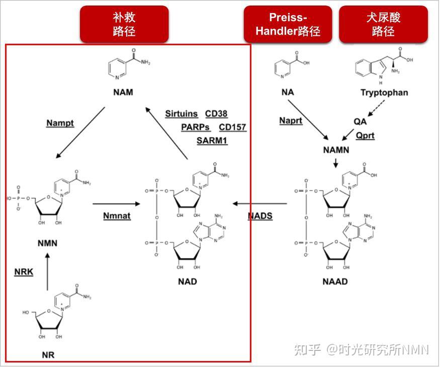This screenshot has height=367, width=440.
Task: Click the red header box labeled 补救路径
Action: (124, 24)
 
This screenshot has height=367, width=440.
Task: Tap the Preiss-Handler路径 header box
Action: (288, 24)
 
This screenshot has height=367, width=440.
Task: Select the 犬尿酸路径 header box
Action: (383, 24)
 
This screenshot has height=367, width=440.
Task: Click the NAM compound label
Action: (123, 93)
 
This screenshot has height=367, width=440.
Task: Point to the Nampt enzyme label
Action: (60, 123)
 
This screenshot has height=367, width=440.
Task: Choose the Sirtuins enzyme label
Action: (182, 114)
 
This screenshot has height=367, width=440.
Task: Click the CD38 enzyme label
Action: (216, 114)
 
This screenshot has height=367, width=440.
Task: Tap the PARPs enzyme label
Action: (196, 127)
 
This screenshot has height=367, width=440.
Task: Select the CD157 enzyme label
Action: (232, 127)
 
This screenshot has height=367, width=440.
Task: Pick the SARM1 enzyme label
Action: (212, 141)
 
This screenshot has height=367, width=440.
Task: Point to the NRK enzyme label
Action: (24, 272)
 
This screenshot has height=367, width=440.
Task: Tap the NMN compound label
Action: (47, 243)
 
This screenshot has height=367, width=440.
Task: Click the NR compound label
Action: (48, 355)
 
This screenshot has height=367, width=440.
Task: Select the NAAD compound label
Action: (335, 282)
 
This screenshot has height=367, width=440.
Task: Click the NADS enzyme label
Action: (260, 216)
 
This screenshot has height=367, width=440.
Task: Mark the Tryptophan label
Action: (384, 93)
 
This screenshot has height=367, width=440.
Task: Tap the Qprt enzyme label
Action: (365, 136)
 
